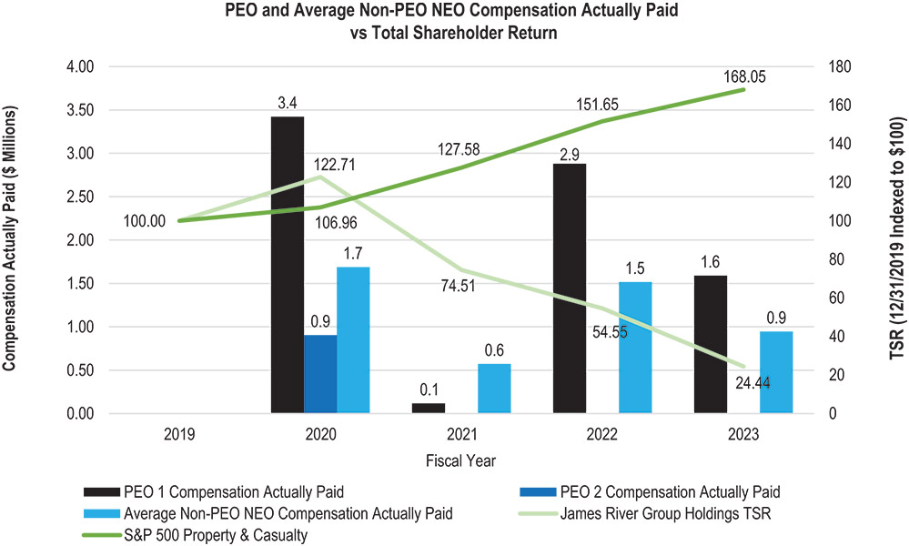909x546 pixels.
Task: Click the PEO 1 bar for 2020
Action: [x=288, y=265]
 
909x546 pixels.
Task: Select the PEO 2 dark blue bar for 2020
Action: [x=319, y=374]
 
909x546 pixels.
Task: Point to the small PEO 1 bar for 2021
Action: [x=428, y=408]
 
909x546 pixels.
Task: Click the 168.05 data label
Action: [x=745, y=77]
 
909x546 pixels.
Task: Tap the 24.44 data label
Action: [x=753, y=383]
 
